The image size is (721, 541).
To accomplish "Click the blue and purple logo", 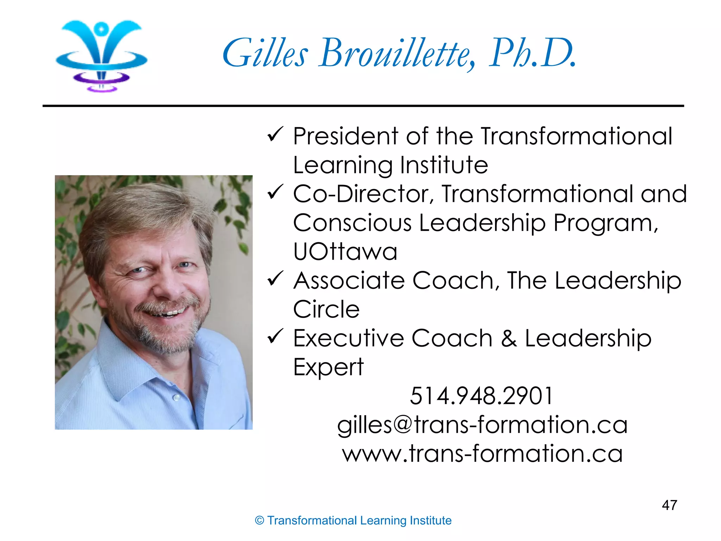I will click(101, 55).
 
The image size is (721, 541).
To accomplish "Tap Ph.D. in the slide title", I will click(532, 54).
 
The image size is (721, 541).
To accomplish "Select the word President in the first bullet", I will click(346, 136).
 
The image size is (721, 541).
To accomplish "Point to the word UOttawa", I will click(345, 251).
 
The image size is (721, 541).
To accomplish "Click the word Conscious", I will click(352, 223).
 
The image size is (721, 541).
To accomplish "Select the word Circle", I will click(326, 309).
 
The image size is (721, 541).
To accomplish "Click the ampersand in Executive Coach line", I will click(509, 338).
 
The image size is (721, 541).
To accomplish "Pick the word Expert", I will click(328, 367).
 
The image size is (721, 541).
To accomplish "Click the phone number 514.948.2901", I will click(481, 396).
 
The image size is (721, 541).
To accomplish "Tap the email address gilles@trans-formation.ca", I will click(482, 425).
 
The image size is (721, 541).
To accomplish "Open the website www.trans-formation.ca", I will click(482, 454).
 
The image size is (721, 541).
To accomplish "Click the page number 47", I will click(669, 505).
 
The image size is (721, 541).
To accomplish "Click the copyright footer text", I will click(353, 521).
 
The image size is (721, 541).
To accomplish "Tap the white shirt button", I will click(177, 398).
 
